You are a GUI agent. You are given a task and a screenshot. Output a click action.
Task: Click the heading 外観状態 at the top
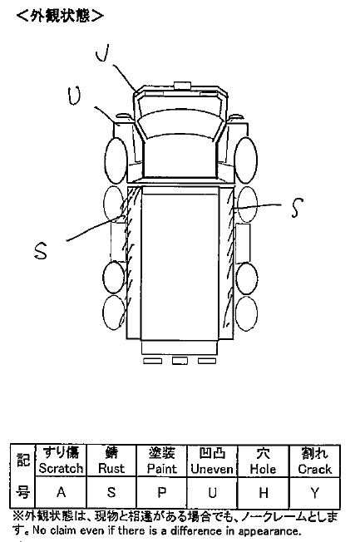[x=60, y=16]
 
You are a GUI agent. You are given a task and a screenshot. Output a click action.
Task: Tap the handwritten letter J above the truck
[x=102, y=53]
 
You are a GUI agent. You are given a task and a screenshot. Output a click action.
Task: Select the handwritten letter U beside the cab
[x=74, y=96]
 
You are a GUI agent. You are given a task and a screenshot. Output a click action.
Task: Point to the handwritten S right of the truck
[x=297, y=207]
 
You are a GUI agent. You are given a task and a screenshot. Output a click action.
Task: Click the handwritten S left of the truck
[x=41, y=250]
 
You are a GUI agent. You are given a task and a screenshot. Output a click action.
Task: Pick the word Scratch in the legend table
[x=61, y=468]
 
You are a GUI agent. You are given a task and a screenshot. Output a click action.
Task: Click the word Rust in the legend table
[x=111, y=468]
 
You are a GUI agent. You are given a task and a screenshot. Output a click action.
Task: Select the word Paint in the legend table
[x=162, y=468]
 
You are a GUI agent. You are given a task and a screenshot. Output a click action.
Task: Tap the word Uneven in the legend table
[x=212, y=469]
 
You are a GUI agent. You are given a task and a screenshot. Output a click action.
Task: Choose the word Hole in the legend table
[x=264, y=469]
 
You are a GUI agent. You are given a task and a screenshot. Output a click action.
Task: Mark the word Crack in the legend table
[x=315, y=469]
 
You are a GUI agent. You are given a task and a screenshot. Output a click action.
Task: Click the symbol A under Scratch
[x=61, y=491]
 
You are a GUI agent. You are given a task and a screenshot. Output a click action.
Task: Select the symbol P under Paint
[x=162, y=492]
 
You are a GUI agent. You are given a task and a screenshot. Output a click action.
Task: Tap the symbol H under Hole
[x=264, y=493]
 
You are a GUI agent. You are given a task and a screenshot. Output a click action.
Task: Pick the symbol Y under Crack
[x=315, y=493]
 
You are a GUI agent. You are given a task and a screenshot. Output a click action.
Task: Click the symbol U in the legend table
[x=212, y=492]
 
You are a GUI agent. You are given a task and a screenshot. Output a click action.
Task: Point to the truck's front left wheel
[x=116, y=160]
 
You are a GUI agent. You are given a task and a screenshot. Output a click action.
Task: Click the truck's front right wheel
[x=245, y=160]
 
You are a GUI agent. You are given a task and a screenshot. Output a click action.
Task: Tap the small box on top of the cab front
[x=182, y=86]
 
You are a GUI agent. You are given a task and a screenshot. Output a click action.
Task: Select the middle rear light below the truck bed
[x=180, y=361]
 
